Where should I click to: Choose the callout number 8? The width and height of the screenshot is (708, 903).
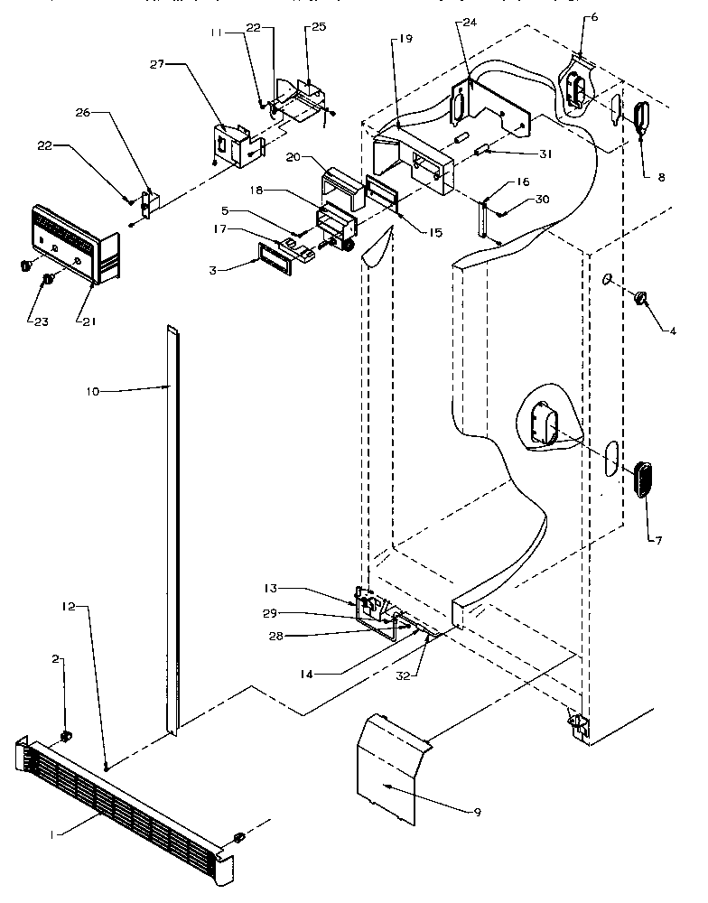click(x=661, y=178)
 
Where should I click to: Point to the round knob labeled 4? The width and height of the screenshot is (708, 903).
click(x=643, y=298)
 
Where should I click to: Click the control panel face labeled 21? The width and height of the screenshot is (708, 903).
click(x=72, y=239)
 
